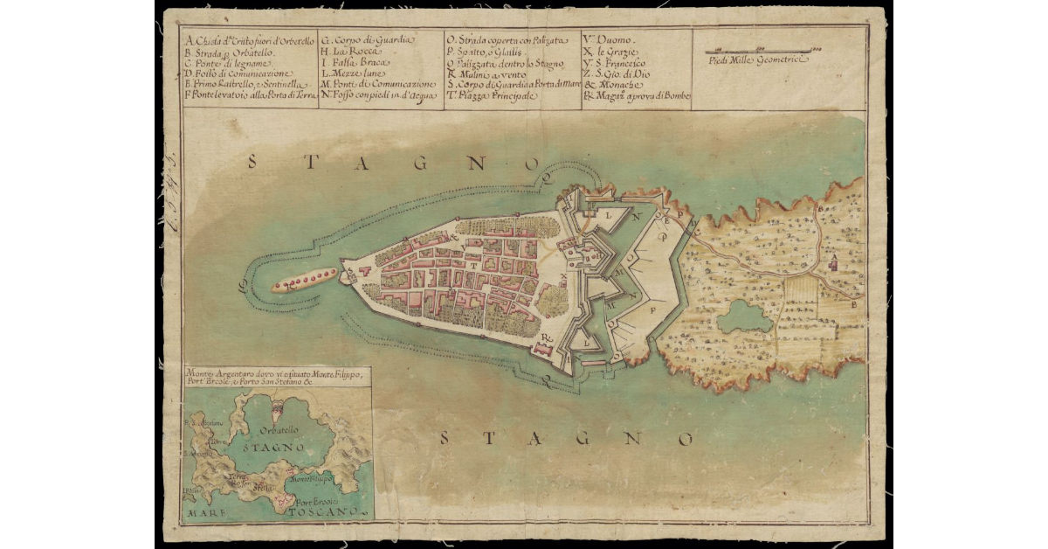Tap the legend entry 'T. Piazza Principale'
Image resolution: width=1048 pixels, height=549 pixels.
tap(489, 95)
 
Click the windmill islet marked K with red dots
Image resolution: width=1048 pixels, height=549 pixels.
tap(304, 281)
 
